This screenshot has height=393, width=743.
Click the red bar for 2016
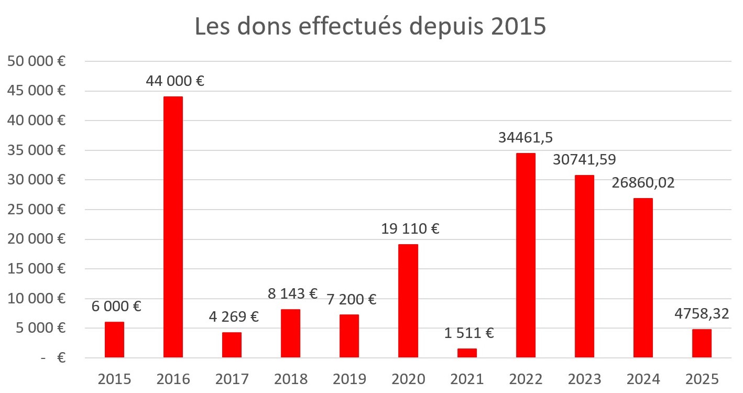[x=173, y=227]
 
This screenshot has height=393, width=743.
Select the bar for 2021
[x=467, y=353]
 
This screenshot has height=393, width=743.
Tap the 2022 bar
[x=526, y=255]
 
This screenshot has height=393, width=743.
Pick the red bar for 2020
[x=408, y=301]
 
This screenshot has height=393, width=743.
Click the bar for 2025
[x=702, y=343]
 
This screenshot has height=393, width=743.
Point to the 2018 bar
[x=290, y=333]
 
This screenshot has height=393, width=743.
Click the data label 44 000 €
[x=173, y=82]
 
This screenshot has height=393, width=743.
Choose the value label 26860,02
[x=643, y=183]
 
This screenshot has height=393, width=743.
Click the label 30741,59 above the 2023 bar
[x=584, y=160]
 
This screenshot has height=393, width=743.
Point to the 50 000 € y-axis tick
[x=36, y=61]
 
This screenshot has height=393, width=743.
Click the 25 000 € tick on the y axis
[x=36, y=210]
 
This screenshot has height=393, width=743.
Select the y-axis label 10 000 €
[x=36, y=299]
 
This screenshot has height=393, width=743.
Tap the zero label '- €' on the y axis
[x=52, y=358]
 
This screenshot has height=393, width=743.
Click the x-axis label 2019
[x=349, y=378]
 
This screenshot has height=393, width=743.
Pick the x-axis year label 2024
[x=643, y=378]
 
